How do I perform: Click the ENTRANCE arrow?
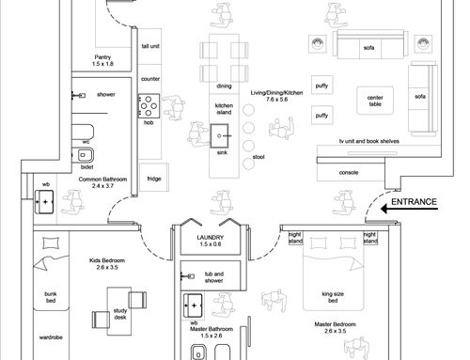click(409, 209)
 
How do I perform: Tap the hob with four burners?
click(149, 106)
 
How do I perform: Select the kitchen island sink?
click(219, 135)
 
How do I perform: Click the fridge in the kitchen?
click(154, 178)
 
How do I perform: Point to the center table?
click(375, 101)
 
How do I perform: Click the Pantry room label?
click(102, 57)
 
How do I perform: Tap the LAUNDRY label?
click(211, 238)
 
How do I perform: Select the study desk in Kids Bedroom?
click(119, 311)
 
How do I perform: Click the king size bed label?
click(333, 297)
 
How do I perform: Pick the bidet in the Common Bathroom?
click(83, 155)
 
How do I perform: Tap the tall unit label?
click(150, 46)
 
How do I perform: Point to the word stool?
click(258, 157)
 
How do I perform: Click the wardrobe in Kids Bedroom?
click(51, 336)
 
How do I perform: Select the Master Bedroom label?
click(335, 324)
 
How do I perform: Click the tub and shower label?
click(214, 277)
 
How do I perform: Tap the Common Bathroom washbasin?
click(44, 202)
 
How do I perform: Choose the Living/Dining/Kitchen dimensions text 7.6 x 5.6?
click(276, 100)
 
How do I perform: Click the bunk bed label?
click(51, 297)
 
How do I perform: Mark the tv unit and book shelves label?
click(369, 141)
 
